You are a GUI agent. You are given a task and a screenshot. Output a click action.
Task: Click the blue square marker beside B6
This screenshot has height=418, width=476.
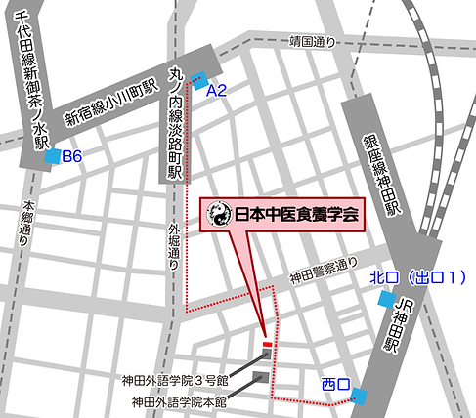pyautogui.click(x=52, y=156)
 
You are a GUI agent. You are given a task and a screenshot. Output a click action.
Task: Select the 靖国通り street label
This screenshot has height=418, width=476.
pyautogui.click(x=312, y=41)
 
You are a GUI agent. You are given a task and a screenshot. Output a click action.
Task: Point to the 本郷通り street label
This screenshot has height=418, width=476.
pyautogui.click(x=27, y=226)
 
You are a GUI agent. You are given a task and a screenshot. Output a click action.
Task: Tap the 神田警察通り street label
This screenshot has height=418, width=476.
pyautogui.click(x=323, y=267)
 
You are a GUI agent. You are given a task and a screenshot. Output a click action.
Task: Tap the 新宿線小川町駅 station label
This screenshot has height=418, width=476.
pyautogui.click(x=110, y=104)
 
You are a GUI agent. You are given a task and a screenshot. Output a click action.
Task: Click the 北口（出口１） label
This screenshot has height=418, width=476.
pyautogui.click(x=415, y=276)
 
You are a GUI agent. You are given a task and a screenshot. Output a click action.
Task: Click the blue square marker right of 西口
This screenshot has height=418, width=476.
pyautogui.click(x=361, y=395)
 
